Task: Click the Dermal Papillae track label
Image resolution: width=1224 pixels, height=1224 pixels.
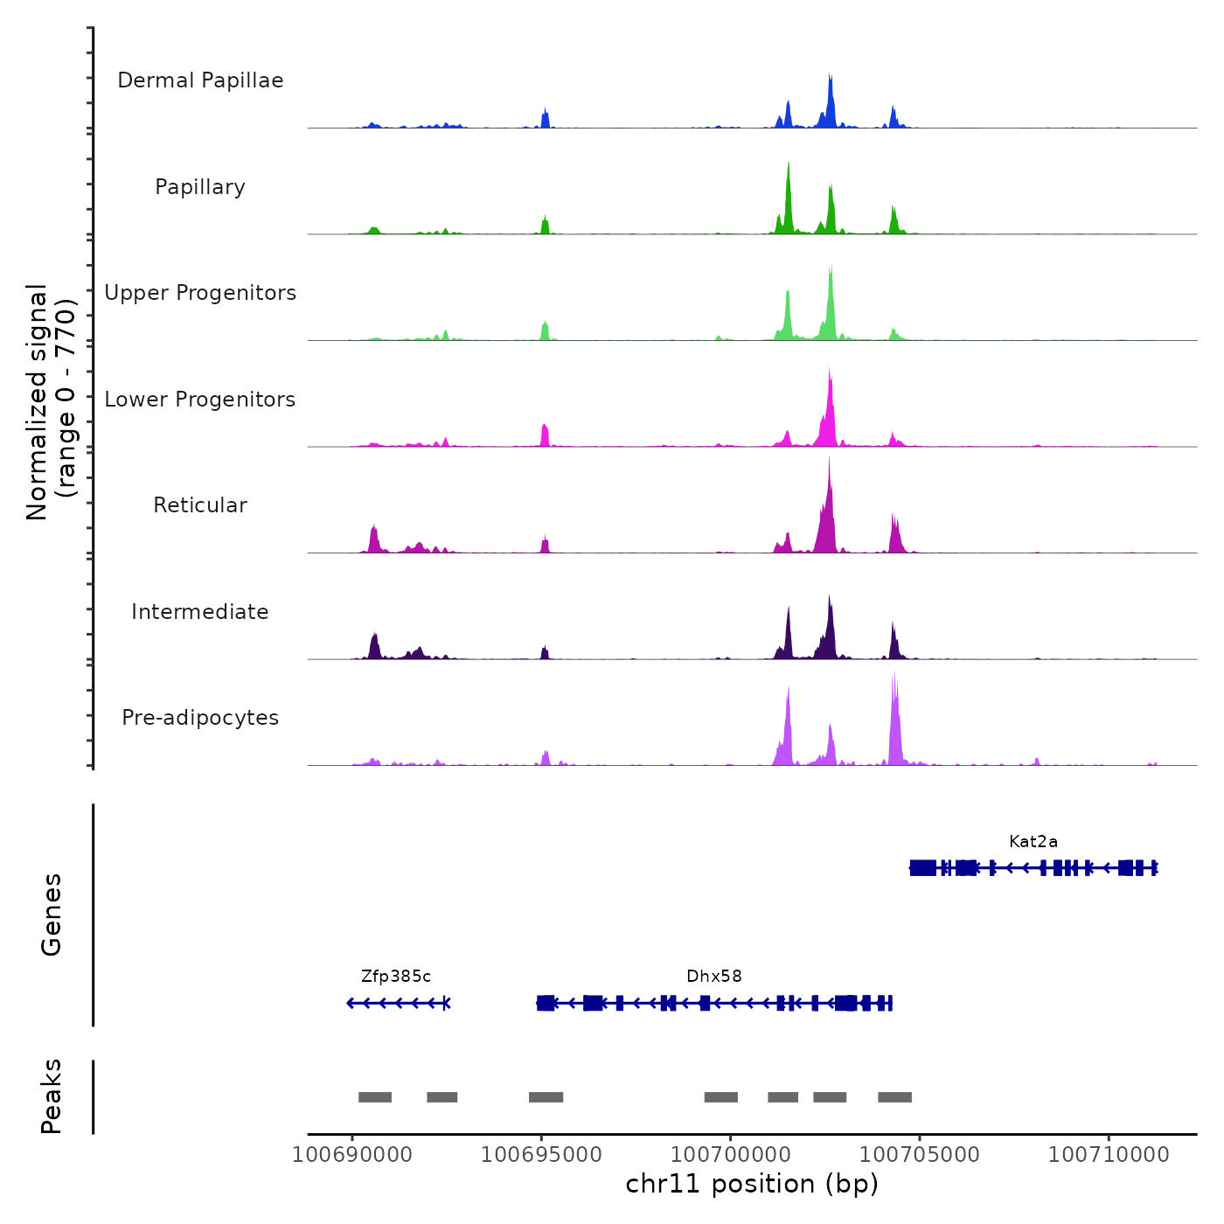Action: tap(200, 80)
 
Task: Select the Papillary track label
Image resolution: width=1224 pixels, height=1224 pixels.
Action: tap(200, 187)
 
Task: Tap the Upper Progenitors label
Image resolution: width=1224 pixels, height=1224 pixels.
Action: tap(200, 293)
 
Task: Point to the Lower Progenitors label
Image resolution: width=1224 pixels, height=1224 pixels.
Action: tap(200, 400)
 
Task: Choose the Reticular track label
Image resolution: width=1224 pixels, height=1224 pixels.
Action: tap(200, 505)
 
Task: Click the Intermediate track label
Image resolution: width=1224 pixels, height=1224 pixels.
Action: tap(200, 612)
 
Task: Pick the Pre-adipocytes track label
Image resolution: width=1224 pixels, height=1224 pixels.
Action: tap(200, 718)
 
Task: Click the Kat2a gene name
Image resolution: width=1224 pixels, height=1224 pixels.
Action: tap(1033, 842)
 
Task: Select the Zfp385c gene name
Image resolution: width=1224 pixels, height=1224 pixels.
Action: tap(396, 977)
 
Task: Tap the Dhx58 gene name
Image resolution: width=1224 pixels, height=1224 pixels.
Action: tap(713, 977)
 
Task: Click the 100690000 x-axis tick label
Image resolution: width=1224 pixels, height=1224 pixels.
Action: tap(352, 1155)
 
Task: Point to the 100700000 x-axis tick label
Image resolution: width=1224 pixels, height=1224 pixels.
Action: tap(731, 1155)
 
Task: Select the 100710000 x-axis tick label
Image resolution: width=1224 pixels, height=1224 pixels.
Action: tap(1109, 1155)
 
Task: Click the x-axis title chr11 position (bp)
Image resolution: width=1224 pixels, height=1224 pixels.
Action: tap(752, 1185)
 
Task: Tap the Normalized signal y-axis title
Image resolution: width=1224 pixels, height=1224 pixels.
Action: tap(51, 402)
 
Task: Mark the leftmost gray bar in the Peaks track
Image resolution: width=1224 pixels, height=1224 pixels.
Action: tap(375, 1097)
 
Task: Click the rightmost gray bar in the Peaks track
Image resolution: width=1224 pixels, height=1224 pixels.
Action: tap(894, 1097)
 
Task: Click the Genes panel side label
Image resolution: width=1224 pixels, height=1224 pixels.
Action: tap(51, 915)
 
